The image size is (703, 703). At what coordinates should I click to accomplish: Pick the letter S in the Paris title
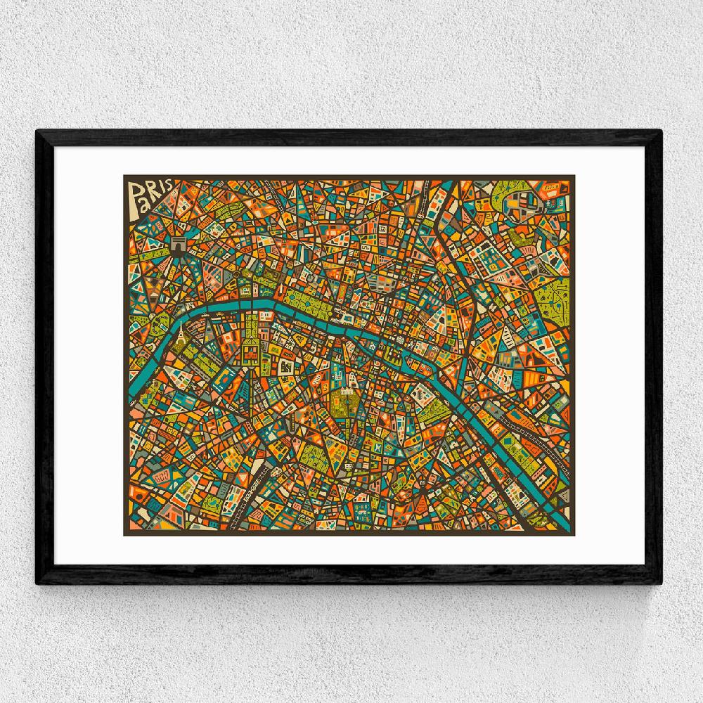click(x=172, y=188)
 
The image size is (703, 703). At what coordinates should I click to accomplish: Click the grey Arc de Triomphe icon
click(x=179, y=247)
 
